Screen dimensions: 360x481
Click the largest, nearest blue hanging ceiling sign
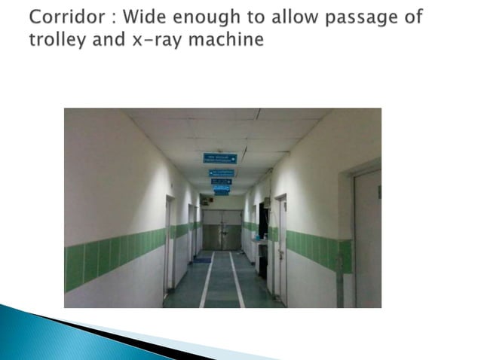click(x=219, y=158)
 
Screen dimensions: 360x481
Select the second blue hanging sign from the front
click(x=221, y=172)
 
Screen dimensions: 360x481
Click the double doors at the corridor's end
click(x=221, y=230)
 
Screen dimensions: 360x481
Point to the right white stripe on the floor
click(x=237, y=279)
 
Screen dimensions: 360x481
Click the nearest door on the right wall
click(x=367, y=237)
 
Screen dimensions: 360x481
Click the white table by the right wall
click(x=260, y=249)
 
